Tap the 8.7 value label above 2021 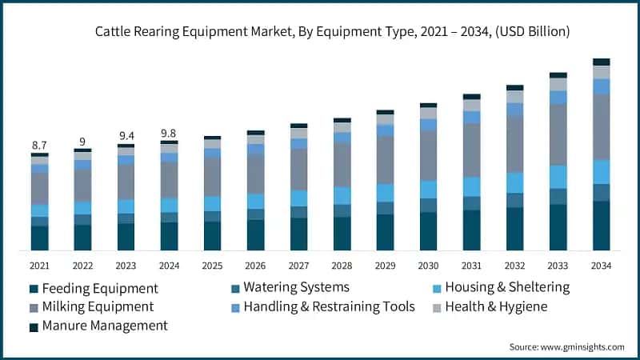point(39,145)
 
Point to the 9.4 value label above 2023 point(126,136)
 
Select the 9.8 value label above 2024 point(169,133)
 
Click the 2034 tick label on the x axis point(601,266)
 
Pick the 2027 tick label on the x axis point(298,266)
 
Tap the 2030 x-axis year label point(428,266)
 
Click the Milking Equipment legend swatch point(34,307)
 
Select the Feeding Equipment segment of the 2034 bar point(601,226)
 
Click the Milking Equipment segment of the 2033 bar point(558,134)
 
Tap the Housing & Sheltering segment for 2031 point(471,186)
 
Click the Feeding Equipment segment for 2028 point(342,234)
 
